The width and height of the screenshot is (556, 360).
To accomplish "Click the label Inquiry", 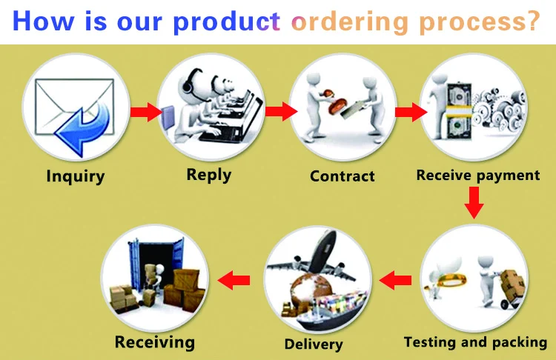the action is (x=76, y=176).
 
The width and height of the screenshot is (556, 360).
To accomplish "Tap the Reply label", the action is (x=208, y=175).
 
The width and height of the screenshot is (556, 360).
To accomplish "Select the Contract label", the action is (x=342, y=176).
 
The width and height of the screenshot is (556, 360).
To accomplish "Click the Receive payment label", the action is (x=478, y=176).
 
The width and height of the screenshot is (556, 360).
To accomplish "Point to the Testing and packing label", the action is (x=475, y=342).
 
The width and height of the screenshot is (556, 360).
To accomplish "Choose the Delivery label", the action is (x=314, y=344).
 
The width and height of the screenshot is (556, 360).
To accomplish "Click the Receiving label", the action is (x=155, y=341).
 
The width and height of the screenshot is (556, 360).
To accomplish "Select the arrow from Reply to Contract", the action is (x=281, y=112).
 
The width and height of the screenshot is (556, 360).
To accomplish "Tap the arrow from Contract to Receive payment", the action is (x=410, y=112).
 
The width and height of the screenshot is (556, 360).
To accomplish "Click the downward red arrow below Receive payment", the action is (x=474, y=204).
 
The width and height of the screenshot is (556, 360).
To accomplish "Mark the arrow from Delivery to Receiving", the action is (x=233, y=280).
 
